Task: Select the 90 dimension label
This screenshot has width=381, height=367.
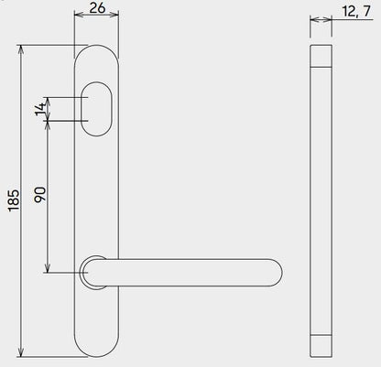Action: (38, 194)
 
